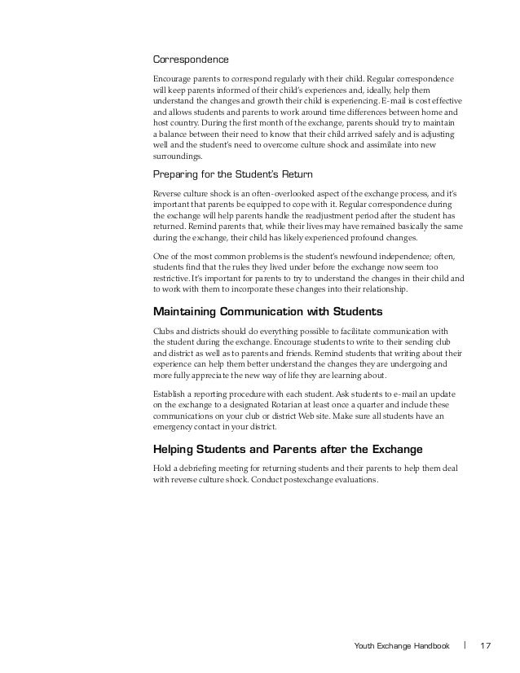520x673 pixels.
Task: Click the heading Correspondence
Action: [191, 59]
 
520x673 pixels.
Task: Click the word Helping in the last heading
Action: [177, 448]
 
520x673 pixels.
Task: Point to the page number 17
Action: [487, 647]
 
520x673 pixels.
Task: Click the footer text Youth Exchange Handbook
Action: [402, 647]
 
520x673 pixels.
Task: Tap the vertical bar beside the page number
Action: [465, 647]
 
